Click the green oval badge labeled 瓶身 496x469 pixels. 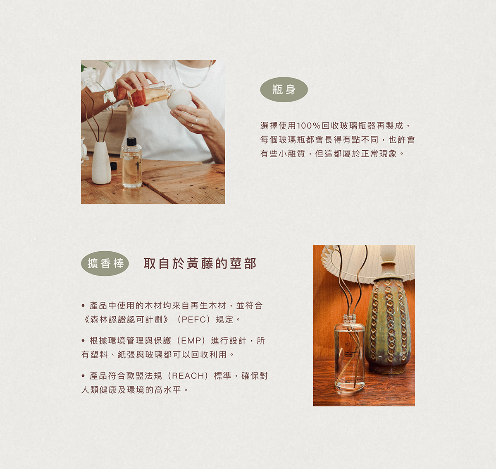pos(284,89)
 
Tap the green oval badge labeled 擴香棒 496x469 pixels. pos(105,263)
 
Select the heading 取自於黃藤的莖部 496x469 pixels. pos(200,263)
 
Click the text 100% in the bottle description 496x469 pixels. pos(308,125)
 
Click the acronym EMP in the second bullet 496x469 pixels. pos(191,340)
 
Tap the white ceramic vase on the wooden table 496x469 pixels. pos(101,163)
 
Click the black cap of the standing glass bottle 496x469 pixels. pos(131,142)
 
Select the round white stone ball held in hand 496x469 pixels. pos(179,99)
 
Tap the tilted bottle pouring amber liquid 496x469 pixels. pos(149,94)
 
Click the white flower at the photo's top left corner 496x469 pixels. pos(89,76)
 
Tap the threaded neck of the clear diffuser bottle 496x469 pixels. pos(350,319)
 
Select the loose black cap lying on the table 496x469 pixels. pos(114,166)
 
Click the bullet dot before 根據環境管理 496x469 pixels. pos(83,341)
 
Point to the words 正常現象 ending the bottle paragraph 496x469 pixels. pos(379,154)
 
